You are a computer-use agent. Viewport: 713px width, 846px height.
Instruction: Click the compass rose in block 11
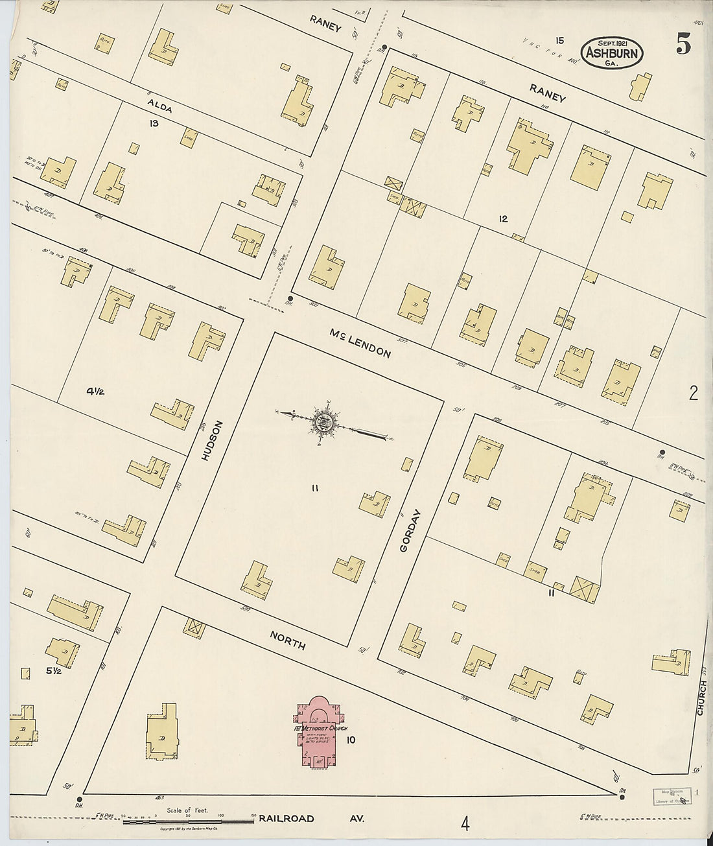(x=323, y=422)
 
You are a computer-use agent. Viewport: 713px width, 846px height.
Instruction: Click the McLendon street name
(x=360, y=344)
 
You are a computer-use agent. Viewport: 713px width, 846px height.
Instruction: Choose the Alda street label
(x=159, y=106)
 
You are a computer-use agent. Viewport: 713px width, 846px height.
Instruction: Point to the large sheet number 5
(x=683, y=43)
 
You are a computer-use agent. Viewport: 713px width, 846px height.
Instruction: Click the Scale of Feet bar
(x=188, y=821)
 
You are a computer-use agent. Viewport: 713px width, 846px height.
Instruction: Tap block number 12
(x=503, y=218)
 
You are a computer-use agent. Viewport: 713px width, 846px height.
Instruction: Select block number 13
(x=154, y=123)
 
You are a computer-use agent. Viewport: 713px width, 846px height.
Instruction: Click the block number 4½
(x=95, y=391)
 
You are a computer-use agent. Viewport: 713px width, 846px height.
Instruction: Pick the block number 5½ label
(x=53, y=671)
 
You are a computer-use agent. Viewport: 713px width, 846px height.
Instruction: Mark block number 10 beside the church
(x=351, y=740)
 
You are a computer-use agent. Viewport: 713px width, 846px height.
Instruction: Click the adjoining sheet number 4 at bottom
(x=465, y=824)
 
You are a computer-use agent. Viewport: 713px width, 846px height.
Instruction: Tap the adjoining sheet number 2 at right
(x=694, y=394)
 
